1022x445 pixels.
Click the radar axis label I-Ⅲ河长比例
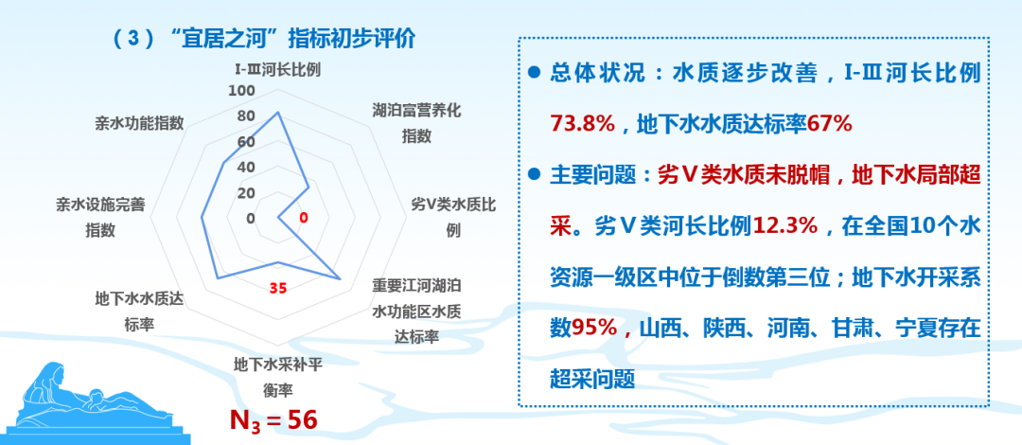coord(277,69)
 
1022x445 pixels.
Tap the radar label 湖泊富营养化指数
coord(416,123)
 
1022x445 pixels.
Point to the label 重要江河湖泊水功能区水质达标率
coord(416,311)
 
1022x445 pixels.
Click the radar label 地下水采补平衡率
coord(277,376)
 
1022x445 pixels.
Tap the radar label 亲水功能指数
coord(139,123)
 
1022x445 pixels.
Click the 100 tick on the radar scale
coord(242,91)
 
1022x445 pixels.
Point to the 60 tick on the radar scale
coord(245,142)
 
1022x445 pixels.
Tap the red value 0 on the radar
coord(303,218)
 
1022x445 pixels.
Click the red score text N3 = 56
coord(273,418)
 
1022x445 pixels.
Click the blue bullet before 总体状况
coord(534,72)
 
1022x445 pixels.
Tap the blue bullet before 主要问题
coord(534,174)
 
